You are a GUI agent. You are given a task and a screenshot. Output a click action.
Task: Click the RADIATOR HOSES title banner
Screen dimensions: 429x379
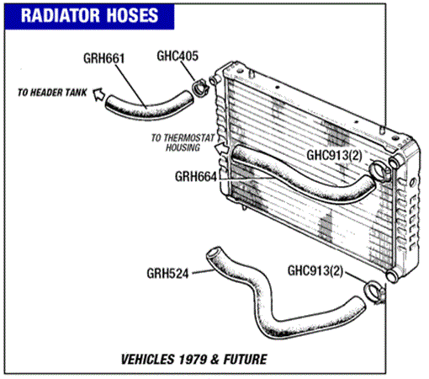89,16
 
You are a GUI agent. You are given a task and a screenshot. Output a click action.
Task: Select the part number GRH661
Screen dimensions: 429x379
103,58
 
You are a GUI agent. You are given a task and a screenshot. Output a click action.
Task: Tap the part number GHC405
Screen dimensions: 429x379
177,56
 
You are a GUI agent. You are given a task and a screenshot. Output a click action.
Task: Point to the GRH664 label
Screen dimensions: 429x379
196,177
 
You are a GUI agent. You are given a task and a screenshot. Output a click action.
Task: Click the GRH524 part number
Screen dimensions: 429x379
167,274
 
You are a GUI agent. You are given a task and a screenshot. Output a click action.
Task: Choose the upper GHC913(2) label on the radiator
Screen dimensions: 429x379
334,155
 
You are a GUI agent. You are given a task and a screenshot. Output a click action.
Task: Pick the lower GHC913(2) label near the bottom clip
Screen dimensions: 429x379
315,271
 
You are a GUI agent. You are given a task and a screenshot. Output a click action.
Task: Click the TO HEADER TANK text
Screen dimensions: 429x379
52,93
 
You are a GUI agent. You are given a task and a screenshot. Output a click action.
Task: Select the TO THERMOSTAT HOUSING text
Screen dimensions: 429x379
183,142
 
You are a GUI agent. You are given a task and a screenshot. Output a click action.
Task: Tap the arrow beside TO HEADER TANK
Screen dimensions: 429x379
98,93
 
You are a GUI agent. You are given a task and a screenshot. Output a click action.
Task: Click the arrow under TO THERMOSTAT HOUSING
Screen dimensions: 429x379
222,147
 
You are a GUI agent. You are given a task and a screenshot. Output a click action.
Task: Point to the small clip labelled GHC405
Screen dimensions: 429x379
200,88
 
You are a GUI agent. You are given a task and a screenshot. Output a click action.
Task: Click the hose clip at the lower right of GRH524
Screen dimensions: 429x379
373,293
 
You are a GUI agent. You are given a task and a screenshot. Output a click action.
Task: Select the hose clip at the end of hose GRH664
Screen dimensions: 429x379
379,170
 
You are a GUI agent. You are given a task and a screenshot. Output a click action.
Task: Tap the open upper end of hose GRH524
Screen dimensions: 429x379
214,253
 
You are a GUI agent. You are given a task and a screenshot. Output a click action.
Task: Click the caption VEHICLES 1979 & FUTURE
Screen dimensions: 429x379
193,360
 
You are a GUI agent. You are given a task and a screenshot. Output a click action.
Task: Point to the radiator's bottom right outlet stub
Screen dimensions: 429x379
392,275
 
